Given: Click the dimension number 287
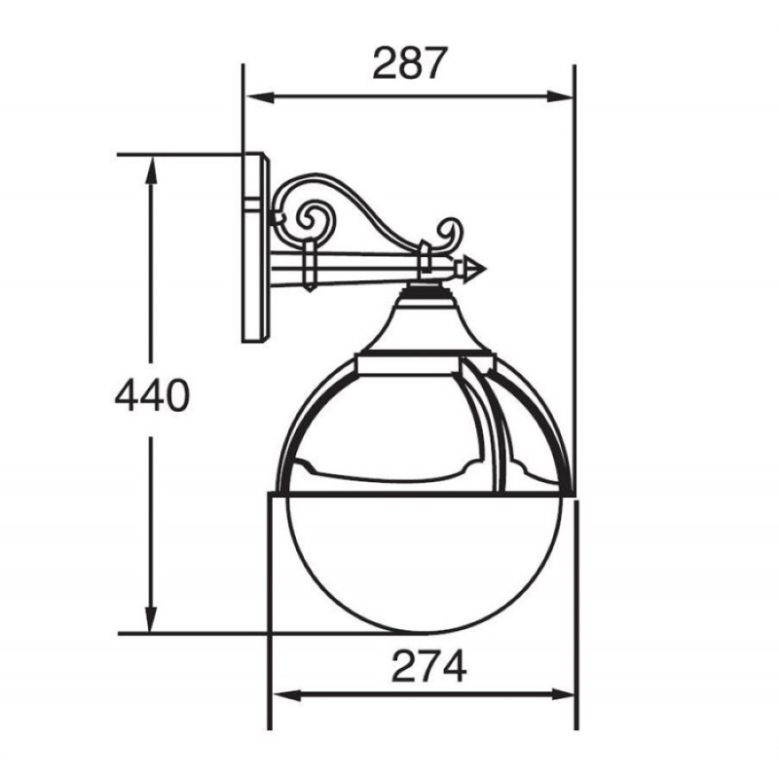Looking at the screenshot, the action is click(410, 63).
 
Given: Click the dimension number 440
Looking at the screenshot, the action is click(152, 395).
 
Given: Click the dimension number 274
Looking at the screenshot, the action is click(429, 666).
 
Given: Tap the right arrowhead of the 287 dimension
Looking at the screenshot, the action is click(560, 96).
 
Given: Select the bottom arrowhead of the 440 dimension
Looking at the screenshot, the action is click(151, 619).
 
